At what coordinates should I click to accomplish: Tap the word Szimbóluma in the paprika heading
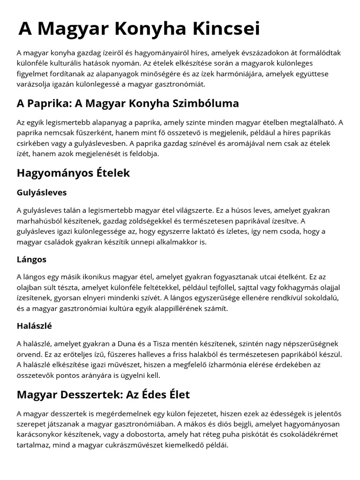203,103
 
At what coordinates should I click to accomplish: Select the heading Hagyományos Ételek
74,173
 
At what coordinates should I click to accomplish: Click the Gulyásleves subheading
42,193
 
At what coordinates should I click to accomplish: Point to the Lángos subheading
31,259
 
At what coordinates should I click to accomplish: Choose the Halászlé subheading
34,326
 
